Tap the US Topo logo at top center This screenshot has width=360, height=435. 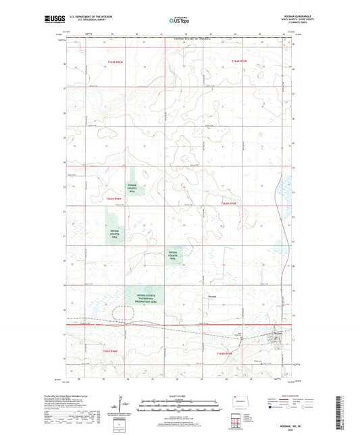tap(179, 20)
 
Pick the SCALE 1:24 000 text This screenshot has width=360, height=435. tap(179, 396)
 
